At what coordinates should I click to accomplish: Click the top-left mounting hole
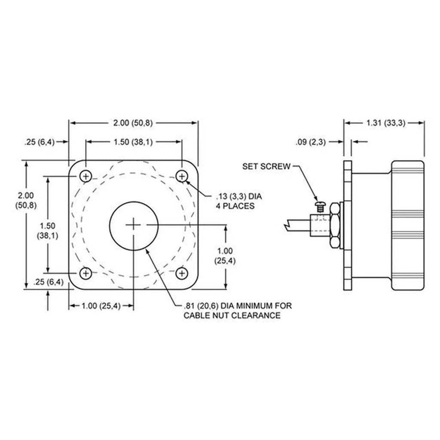[x=86, y=176]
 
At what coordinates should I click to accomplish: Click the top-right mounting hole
[x=183, y=176]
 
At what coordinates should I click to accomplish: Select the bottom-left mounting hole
[x=86, y=272]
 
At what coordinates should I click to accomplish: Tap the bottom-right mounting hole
[x=183, y=272]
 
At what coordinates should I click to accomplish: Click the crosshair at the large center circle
[x=134, y=225]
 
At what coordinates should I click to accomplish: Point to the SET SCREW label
[x=266, y=166]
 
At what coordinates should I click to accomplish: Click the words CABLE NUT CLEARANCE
[x=232, y=316]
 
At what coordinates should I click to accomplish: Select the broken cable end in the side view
[x=287, y=224]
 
